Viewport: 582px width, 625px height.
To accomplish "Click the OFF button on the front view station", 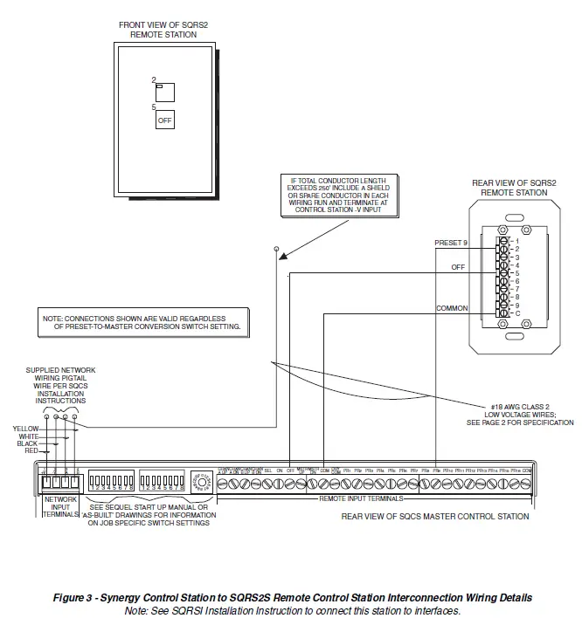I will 165,120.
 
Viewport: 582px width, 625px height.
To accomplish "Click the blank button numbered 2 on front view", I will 165,92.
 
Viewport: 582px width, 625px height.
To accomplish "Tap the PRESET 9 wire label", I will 452,242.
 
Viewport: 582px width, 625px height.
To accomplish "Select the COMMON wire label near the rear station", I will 453,308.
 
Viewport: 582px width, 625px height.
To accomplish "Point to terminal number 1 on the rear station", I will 517,240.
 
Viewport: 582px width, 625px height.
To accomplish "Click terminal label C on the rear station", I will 517,312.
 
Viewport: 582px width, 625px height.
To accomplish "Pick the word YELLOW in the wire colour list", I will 26,429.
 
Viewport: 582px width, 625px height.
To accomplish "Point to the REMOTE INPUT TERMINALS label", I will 361,498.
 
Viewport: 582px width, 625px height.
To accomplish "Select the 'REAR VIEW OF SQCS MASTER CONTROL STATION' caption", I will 434,517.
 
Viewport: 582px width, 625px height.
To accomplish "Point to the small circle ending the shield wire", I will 276,249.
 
